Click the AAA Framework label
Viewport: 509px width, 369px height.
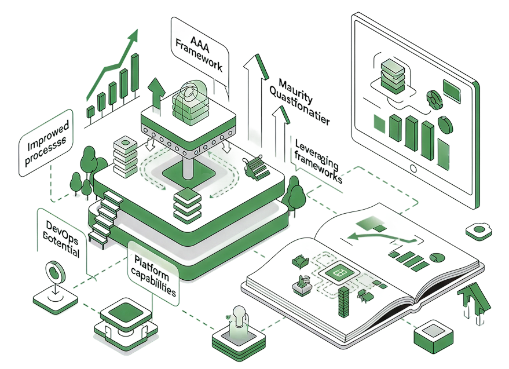pos(198,49)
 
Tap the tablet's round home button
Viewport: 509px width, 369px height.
pos(413,169)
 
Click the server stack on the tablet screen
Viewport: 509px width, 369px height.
pos(394,75)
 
